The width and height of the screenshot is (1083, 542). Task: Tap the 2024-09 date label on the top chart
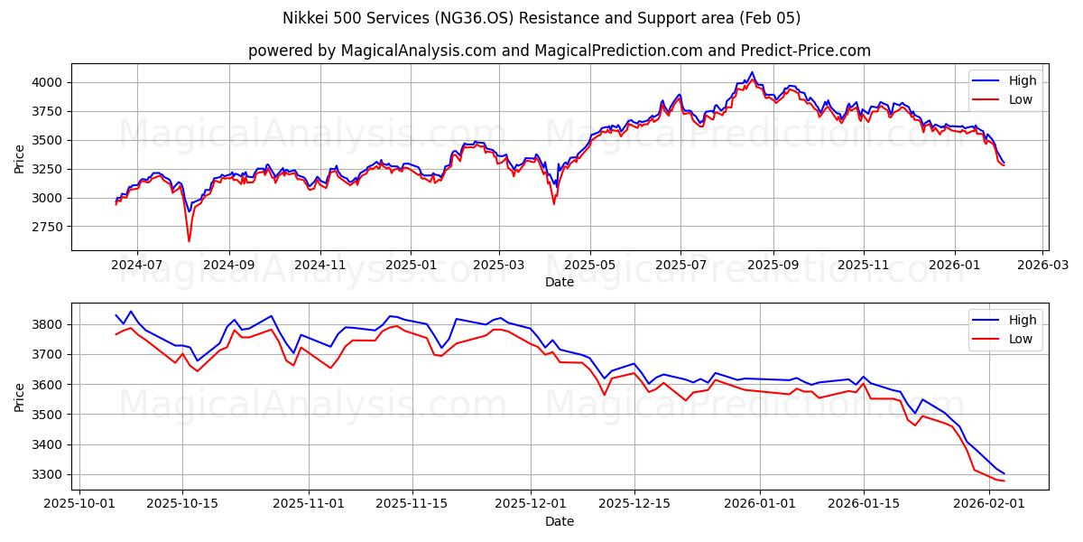[228, 266]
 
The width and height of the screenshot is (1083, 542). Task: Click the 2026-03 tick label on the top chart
[1043, 266]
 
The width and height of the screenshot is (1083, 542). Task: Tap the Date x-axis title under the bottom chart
[560, 521]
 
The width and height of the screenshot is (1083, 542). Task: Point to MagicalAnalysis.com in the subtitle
[418, 51]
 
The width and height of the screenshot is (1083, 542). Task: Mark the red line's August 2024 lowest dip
[189, 241]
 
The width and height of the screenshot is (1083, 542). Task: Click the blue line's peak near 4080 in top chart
[752, 72]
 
